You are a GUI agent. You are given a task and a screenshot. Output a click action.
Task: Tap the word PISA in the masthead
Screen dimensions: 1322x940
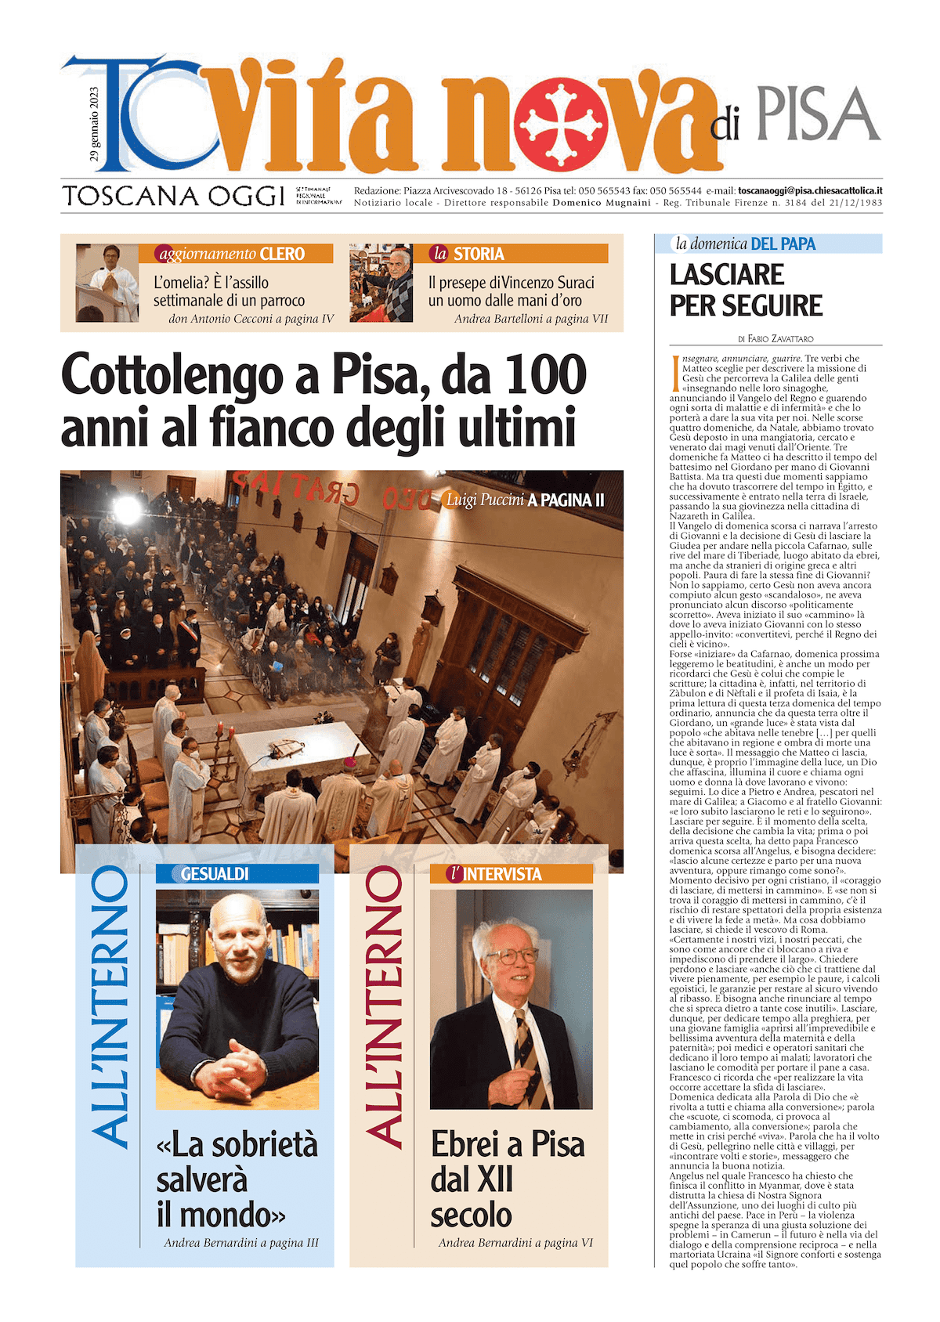[819, 114]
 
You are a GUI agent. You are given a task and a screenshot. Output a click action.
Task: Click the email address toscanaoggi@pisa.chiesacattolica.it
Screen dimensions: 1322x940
[810, 190]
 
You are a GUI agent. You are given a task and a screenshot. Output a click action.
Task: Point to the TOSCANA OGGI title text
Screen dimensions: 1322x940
[173, 195]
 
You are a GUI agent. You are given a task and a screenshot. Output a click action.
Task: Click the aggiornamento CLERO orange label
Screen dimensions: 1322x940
[236, 254]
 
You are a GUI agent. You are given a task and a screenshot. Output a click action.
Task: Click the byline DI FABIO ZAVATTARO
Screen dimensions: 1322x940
[775, 339]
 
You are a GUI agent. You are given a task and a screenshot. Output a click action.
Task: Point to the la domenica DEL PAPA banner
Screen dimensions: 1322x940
[768, 244]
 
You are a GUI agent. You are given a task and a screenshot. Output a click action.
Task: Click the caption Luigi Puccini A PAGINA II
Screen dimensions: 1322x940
[525, 500]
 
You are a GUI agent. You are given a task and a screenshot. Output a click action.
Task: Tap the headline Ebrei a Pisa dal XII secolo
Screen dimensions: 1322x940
[508, 1179]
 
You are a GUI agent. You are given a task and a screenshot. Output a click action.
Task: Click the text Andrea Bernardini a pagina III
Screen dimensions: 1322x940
[241, 1243]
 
